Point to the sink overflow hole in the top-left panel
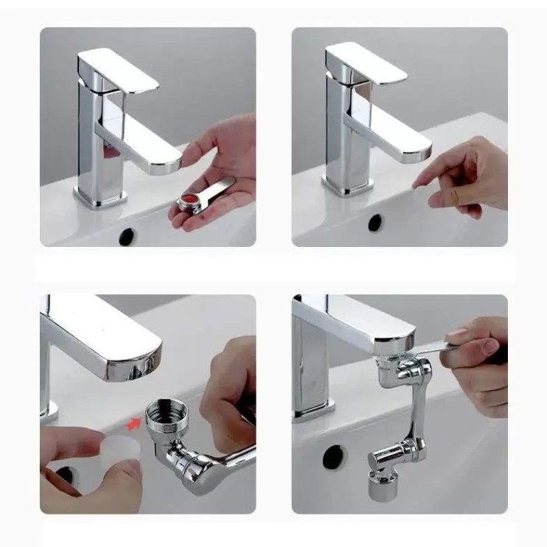point(127,236)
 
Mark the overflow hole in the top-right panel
point(376,222)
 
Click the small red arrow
point(134,423)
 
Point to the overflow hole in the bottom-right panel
point(332,456)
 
